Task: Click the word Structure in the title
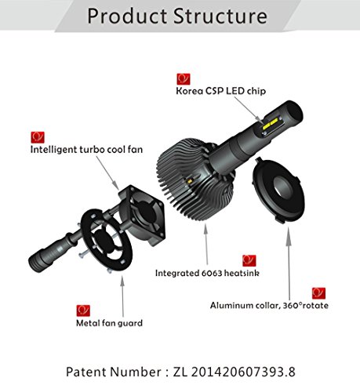pos(220,16)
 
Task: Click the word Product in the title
pos(127,16)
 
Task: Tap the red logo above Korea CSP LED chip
pos(184,79)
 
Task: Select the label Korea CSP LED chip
pos(221,91)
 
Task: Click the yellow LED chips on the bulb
pos(271,124)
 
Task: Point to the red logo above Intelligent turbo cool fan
pos(38,137)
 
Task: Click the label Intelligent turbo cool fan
pos(86,150)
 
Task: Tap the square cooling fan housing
pos(142,215)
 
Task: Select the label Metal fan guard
pos(109,323)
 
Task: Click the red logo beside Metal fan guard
pos(83,310)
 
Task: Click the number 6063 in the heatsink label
pos(212,273)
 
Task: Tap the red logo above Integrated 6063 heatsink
pos(249,260)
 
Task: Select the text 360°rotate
pos(306,305)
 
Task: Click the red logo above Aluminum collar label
pos(318,293)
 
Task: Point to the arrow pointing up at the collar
pos(289,263)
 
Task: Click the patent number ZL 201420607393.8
pos(234,372)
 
